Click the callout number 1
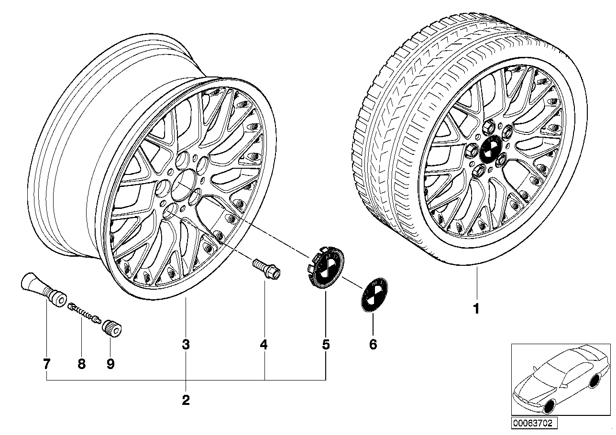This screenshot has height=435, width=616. tap(476, 309)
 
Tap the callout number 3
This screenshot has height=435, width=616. tap(186, 344)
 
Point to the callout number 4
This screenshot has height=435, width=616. tap(264, 344)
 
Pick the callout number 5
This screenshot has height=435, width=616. tap(326, 344)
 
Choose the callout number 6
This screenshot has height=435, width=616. tap(373, 344)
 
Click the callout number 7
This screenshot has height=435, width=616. tap(46, 364)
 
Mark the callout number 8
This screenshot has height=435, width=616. tap(81, 364)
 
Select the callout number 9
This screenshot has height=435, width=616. tap(110, 364)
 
